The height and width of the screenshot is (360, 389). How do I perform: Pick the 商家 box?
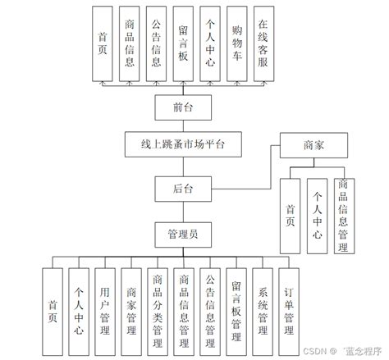[x=314, y=145]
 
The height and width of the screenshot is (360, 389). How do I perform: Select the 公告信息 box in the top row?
[x=157, y=47]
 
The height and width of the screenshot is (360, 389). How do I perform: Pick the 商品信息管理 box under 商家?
[x=342, y=215]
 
